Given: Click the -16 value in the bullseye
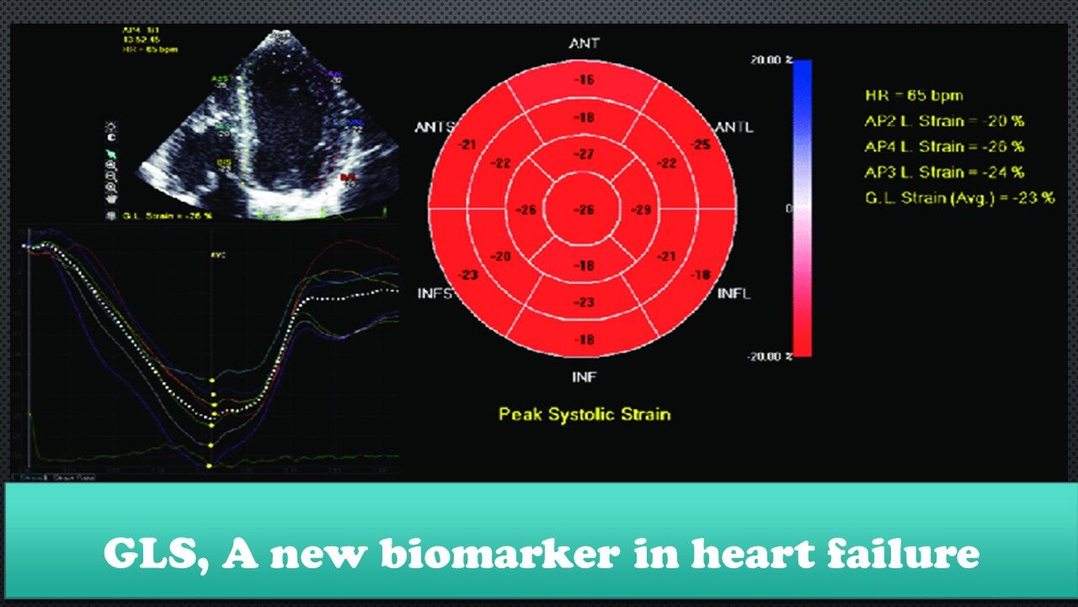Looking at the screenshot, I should click(584, 81).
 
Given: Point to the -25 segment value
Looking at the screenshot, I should click(700, 145).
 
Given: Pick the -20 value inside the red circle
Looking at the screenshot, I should click(500, 256).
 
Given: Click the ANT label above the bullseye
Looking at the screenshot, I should click(584, 43).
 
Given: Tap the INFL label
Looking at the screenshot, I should click(734, 293).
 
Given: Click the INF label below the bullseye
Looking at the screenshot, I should click(584, 377).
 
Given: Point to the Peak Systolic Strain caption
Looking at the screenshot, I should click(584, 414).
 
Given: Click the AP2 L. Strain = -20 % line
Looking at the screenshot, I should click(944, 121).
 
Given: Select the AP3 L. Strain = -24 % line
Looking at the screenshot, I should click(944, 172).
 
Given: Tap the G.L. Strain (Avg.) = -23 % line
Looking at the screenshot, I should click(959, 198).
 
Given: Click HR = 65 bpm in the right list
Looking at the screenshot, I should click(914, 95).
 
